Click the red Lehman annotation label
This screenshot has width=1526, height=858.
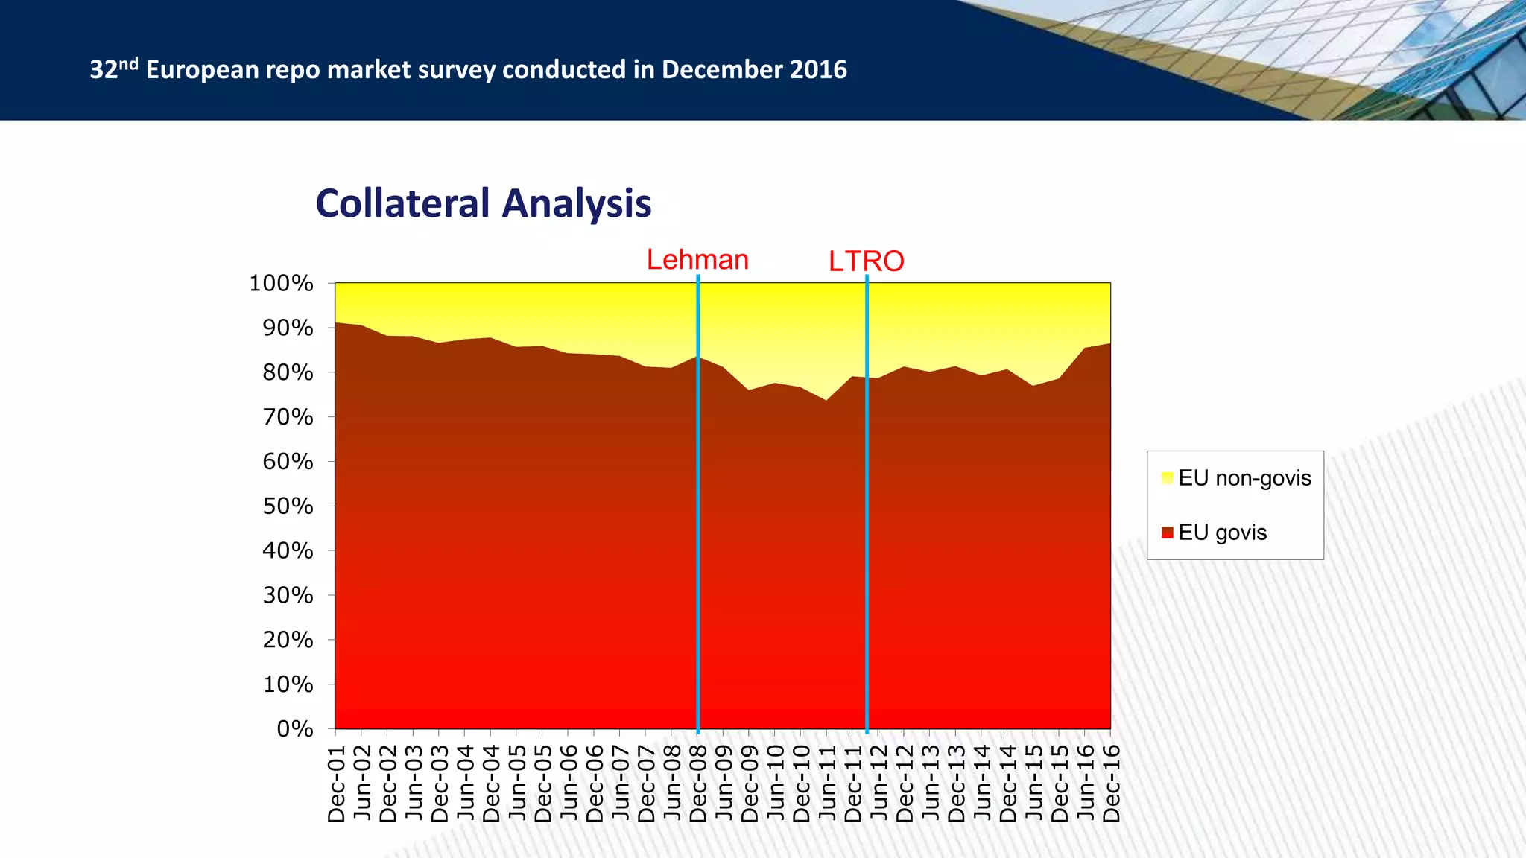click(x=697, y=260)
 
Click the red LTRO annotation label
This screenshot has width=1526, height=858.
click(x=867, y=261)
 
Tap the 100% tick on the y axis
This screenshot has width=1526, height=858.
click(x=281, y=283)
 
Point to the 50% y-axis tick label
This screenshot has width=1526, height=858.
click(x=288, y=506)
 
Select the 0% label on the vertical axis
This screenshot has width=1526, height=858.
click(x=295, y=728)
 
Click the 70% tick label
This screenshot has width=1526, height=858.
click(x=288, y=417)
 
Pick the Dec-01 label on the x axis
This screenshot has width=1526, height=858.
click(x=336, y=784)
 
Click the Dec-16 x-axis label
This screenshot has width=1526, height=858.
click(x=1111, y=784)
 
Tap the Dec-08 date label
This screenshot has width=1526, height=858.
click(x=698, y=784)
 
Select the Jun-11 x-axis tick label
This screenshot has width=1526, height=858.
click(x=827, y=784)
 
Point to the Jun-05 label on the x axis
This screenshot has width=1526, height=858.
click(x=517, y=784)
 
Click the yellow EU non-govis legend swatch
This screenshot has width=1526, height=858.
click(x=1167, y=478)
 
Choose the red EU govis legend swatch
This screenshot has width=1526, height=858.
click(x=1167, y=533)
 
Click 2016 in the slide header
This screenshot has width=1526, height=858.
click(x=818, y=69)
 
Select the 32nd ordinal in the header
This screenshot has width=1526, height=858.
click(x=114, y=69)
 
